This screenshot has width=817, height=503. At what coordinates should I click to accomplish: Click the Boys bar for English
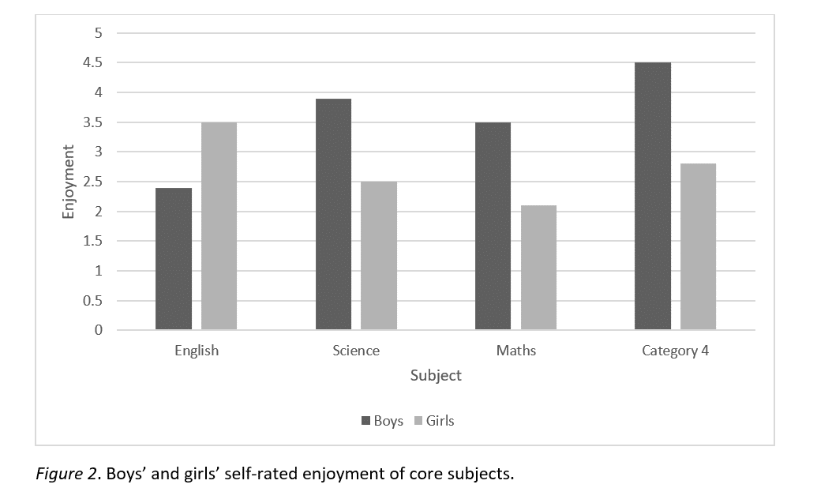(x=174, y=258)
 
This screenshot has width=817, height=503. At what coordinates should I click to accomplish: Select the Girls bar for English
(x=219, y=226)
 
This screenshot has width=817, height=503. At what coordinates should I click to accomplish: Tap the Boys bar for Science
(x=333, y=214)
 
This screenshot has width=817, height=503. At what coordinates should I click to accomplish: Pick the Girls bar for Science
(x=379, y=256)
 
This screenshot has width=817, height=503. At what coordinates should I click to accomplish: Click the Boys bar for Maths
(x=493, y=226)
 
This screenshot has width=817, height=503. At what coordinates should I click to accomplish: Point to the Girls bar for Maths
(x=538, y=268)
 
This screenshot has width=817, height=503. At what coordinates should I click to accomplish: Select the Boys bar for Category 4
(x=653, y=196)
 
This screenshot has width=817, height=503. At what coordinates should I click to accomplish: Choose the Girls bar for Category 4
(x=698, y=246)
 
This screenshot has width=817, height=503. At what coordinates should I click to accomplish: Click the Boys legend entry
(x=382, y=421)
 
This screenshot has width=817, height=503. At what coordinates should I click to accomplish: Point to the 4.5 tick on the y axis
(x=93, y=63)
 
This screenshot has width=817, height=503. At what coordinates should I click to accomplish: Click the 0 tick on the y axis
(x=99, y=330)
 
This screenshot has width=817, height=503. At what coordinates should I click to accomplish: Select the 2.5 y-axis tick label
(x=93, y=182)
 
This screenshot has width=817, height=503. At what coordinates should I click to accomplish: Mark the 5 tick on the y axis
(x=99, y=33)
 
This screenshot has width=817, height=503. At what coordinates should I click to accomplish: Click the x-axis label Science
(x=356, y=351)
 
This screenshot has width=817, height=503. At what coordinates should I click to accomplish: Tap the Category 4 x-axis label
(x=675, y=351)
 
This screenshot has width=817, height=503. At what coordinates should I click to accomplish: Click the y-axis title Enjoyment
(x=69, y=182)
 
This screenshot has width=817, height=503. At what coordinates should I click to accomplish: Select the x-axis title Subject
(x=436, y=376)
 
